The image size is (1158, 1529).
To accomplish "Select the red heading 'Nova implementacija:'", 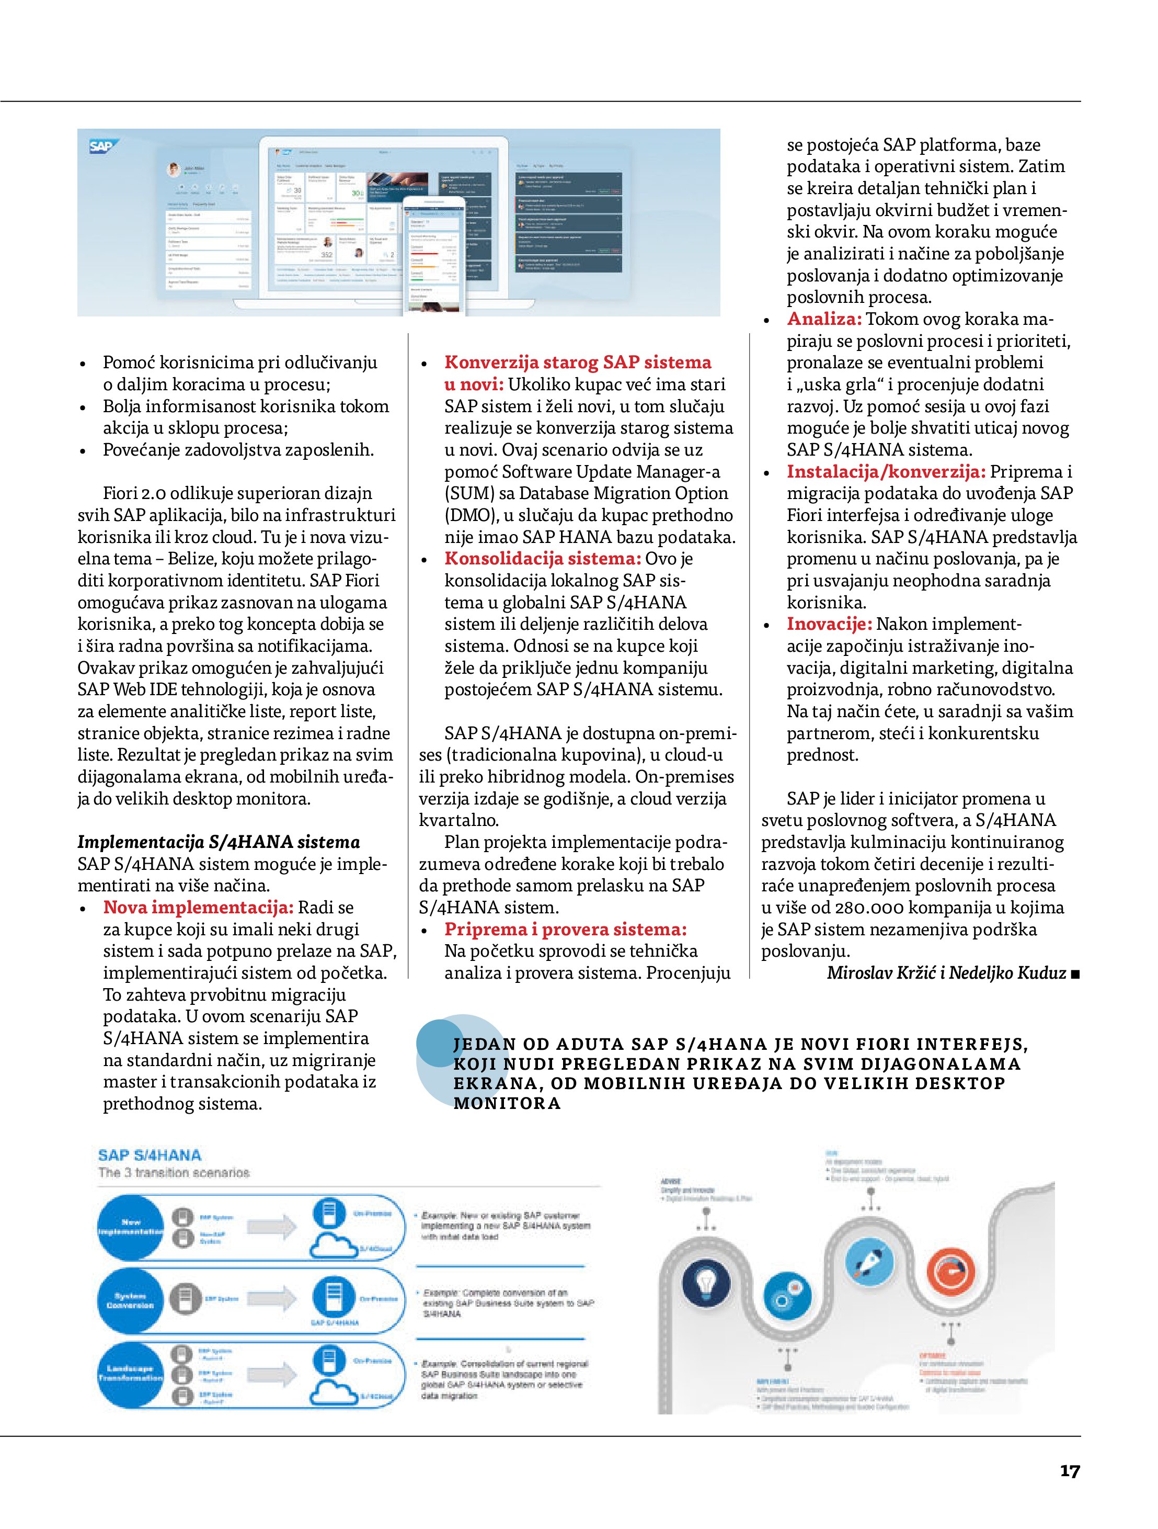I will [198, 908].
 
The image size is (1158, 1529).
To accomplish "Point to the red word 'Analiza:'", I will [823, 319].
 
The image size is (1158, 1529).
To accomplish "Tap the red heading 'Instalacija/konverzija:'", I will [886, 472].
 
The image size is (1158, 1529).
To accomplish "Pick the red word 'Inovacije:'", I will [829, 624].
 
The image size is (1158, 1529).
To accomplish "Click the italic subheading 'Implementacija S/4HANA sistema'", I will [219, 842].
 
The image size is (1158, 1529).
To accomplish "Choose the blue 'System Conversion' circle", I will [130, 1301].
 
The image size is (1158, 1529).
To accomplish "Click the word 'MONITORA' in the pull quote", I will [507, 1103].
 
